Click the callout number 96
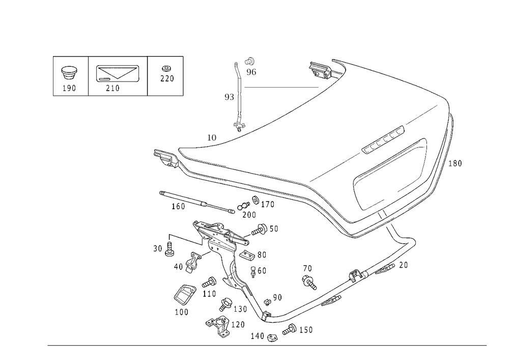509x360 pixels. pyautogui.click(x=251, y=72)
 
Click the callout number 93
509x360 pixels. pyautogui.click(x=230, y=96)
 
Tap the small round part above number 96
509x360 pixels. pyautogui.click(x=250, y=62)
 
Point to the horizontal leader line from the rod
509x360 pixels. pyautogui.click(x=280, y=87)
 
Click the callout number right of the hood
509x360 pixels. pyautogui.click(x=457, y=164)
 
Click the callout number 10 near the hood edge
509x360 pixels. pyautogui.click(x=212, y=137)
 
